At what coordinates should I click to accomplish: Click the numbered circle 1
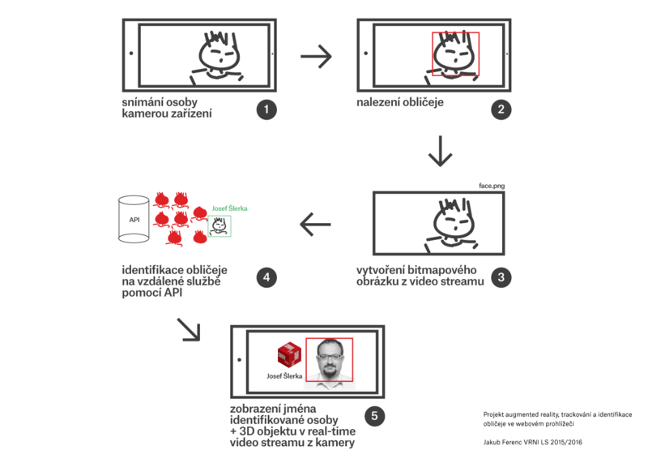pyautogui.click(x=266, y=109)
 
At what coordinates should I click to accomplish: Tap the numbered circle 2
pyautogui.click(x=501, y=109)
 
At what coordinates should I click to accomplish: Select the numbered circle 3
pyautogui.click(x=501, y=276)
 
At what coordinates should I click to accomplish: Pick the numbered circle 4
pyautogui.click(x=266, y=276)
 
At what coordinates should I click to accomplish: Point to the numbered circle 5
pyautogui.click(x=373, y=416)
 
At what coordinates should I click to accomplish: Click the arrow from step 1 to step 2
pyautogui.click(x=316, y=56)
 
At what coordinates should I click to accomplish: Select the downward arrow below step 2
pyautogui.click(x=440, y=150)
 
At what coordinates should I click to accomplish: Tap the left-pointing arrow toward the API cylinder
pyautogui.click(x=316, y=223)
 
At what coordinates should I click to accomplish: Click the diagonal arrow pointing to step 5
pyautogui.click(x=188, y=328)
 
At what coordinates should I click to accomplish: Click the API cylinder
pyautogui.click(x=134, y=219)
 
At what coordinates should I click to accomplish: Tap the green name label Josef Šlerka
pyautogui.click(x=228, y=208)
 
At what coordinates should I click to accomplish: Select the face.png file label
pyautogui.click(x=492, y=185)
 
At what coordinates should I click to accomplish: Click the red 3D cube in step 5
pyautogui.click(x=289, y=354)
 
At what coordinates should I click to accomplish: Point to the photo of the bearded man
pyautogui.click(x=330, y=358)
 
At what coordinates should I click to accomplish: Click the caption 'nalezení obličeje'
pyautogui.click(x=400, y=103)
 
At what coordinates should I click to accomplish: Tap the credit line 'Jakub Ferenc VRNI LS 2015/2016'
pyautogui.click(x=532, y=443)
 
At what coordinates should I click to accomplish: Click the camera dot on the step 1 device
pyautogui.click(x=130, y=54)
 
